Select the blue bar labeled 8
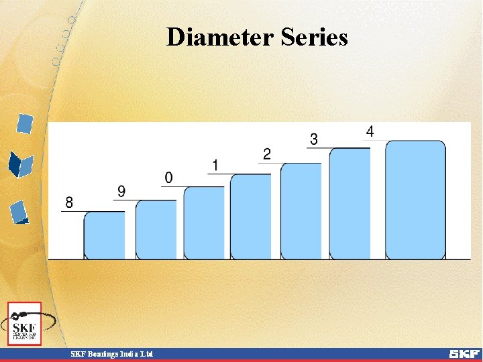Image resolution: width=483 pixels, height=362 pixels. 104,235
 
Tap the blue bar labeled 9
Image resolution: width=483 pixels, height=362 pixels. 156,229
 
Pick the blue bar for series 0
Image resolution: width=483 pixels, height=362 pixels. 204,223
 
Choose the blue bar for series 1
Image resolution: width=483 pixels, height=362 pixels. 250,217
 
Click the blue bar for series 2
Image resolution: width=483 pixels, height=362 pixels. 301,210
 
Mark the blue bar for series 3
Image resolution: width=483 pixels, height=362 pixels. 350,203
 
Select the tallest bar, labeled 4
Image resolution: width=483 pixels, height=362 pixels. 415,199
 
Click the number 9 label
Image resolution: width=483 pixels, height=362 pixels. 121,192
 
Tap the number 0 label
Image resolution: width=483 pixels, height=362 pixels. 168,178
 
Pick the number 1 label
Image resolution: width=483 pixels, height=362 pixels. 215,165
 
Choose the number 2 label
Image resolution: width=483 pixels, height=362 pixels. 267,154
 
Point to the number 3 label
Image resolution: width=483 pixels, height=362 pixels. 314,139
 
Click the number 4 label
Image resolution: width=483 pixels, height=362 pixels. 370,131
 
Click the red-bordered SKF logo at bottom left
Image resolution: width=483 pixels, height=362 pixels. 24,324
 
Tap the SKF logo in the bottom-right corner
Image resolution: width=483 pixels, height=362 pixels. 464,354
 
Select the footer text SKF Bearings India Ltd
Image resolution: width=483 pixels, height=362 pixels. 113,354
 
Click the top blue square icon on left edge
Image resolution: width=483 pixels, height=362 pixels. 25,124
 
